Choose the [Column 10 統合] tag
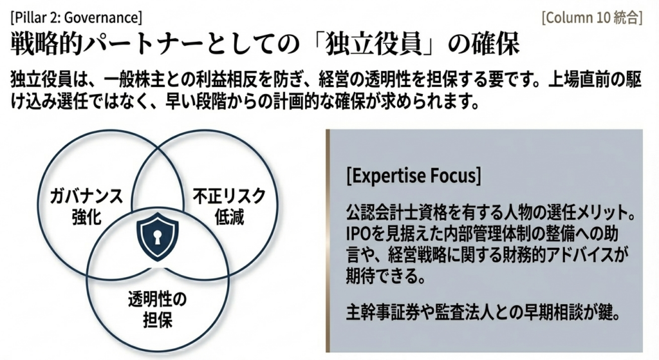[x=592, y=17]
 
